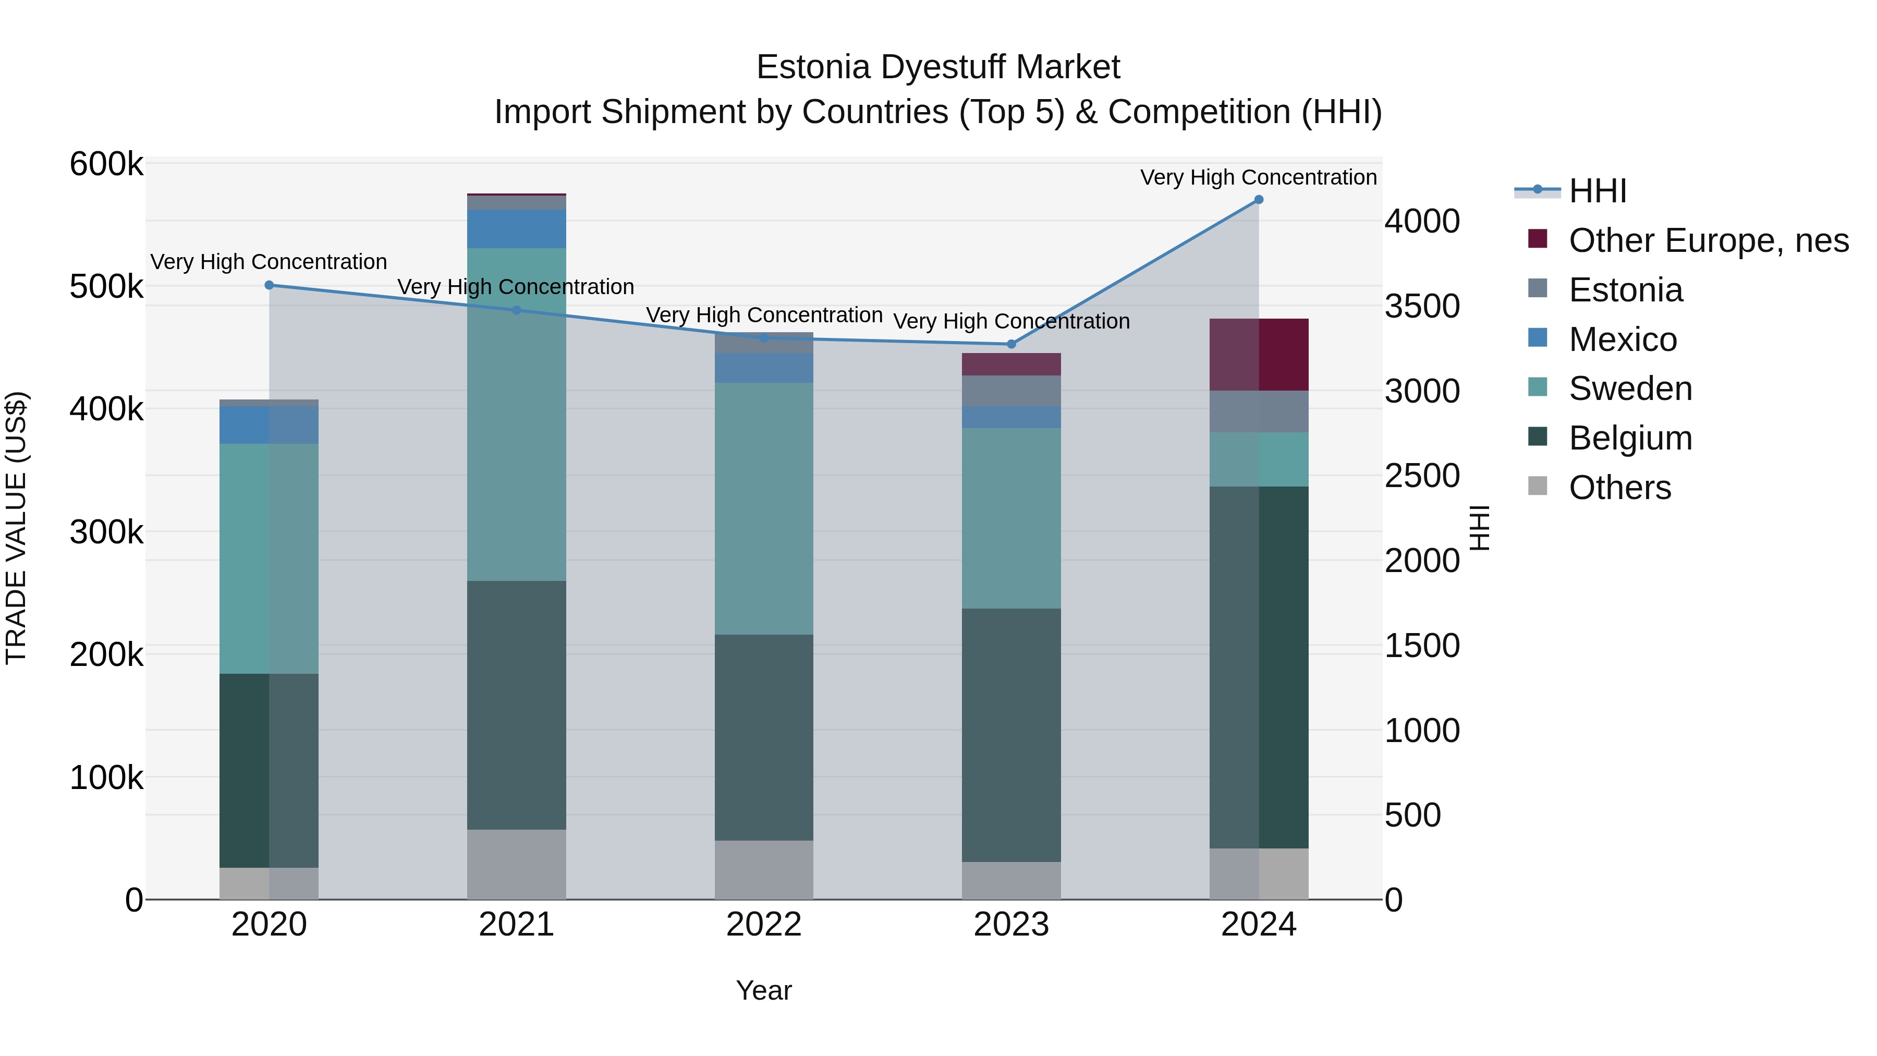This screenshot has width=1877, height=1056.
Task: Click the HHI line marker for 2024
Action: click(x=1259, y=200)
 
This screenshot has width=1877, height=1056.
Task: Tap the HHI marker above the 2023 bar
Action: click(x=1010, y=344)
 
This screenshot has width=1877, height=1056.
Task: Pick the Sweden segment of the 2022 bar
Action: click(x=764, y=508)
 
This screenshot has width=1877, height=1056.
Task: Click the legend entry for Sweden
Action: click(x=1630, y=389)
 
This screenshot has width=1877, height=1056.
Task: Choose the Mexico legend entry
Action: click(x=1623, y=339)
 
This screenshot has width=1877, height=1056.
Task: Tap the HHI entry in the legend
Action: click(x=1597, y=191)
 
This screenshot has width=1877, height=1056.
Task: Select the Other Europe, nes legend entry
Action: click(x=1708, y=240)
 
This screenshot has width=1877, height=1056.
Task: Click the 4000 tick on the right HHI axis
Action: click(x=1422, y=222)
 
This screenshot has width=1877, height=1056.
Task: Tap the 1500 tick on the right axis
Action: click(x=1422, y=646)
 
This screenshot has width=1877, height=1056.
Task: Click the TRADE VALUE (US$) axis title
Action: click(x=16, y=528)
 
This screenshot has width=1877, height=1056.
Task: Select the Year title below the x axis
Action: click(x=764, y=990)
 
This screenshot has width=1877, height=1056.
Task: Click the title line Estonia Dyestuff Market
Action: click(x=938, y=67)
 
